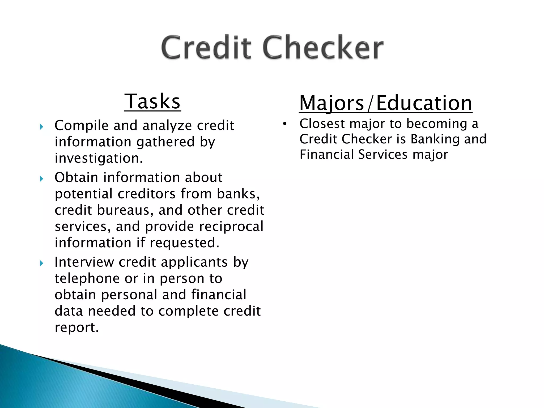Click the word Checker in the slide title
[x=323, y=48]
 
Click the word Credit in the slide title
[x=206, y=48]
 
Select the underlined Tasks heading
[x=152, y=101]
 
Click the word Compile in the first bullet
[x=81, y=126]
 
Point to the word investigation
[x=99, y=159]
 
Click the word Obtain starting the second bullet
[x=76, y=177]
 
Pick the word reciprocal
[x=231, y=227]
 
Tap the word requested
[x=185, y=243]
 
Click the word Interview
[x=84, y=262]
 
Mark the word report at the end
[x=77, y=328]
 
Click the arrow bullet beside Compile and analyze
[x=41, y=127]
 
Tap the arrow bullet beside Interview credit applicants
[x=41, y=263]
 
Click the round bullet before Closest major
[x=285, y=124]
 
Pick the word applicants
[x=194, y=262]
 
